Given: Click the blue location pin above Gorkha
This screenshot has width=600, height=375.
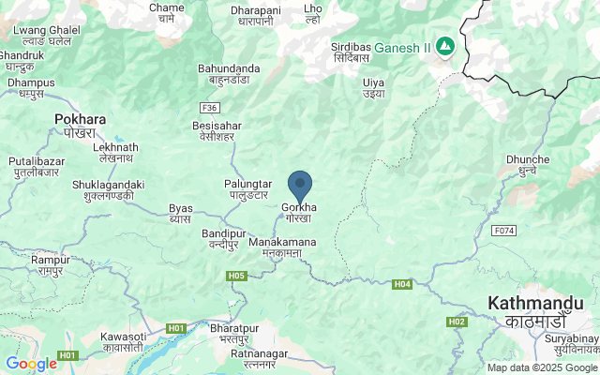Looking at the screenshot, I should tap(300, 185).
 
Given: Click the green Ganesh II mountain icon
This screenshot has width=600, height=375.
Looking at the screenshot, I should tap(443, 46).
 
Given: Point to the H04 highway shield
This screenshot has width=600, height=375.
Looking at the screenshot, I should tap(402, 284).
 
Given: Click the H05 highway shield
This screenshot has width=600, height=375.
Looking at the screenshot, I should tap(236, 276).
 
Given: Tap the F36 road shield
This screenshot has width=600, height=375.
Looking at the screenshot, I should tap(209, 108).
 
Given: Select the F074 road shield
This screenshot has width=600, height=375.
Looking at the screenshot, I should tap(504, 231).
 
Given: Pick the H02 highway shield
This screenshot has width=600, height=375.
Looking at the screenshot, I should tap(457, 322).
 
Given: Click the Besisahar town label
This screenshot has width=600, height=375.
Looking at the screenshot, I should tap(217, 125).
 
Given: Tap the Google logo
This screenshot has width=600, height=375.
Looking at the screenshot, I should tap(31, 363).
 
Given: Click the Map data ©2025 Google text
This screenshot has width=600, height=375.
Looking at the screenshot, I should tap(542, 367).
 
